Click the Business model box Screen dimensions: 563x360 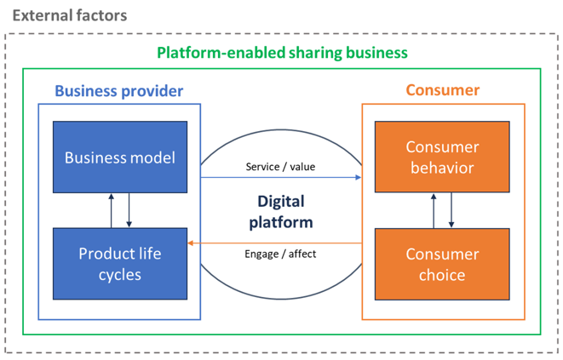tap(120, 157)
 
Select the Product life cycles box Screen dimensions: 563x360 tap(120, 264)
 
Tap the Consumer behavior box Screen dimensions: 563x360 tap(442, 157)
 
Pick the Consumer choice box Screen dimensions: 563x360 tap(442, 264)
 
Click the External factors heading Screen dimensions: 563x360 tap(70, 15)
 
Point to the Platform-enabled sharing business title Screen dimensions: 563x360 tap(282, 53)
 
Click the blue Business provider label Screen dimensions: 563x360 tap(119, 91)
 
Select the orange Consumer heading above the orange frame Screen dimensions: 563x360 tap(443, 90)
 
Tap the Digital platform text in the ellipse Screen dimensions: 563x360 tap(281, 212)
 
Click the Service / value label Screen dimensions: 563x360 tap(280, 167)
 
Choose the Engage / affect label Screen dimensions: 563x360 tap(280, 254)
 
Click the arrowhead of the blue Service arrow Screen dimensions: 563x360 tap(359, 177)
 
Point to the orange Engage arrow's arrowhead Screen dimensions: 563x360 tap(191, 243)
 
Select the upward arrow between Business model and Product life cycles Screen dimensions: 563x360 tap(112, 211)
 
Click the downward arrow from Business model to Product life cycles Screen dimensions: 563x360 tap(129, 210)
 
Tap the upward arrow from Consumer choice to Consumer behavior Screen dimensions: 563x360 tap(434, 211)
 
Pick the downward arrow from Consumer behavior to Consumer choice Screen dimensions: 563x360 tap(451, 210)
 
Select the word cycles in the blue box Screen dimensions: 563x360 tap(120, 275)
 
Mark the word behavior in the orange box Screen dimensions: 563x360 tap(442, 168)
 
